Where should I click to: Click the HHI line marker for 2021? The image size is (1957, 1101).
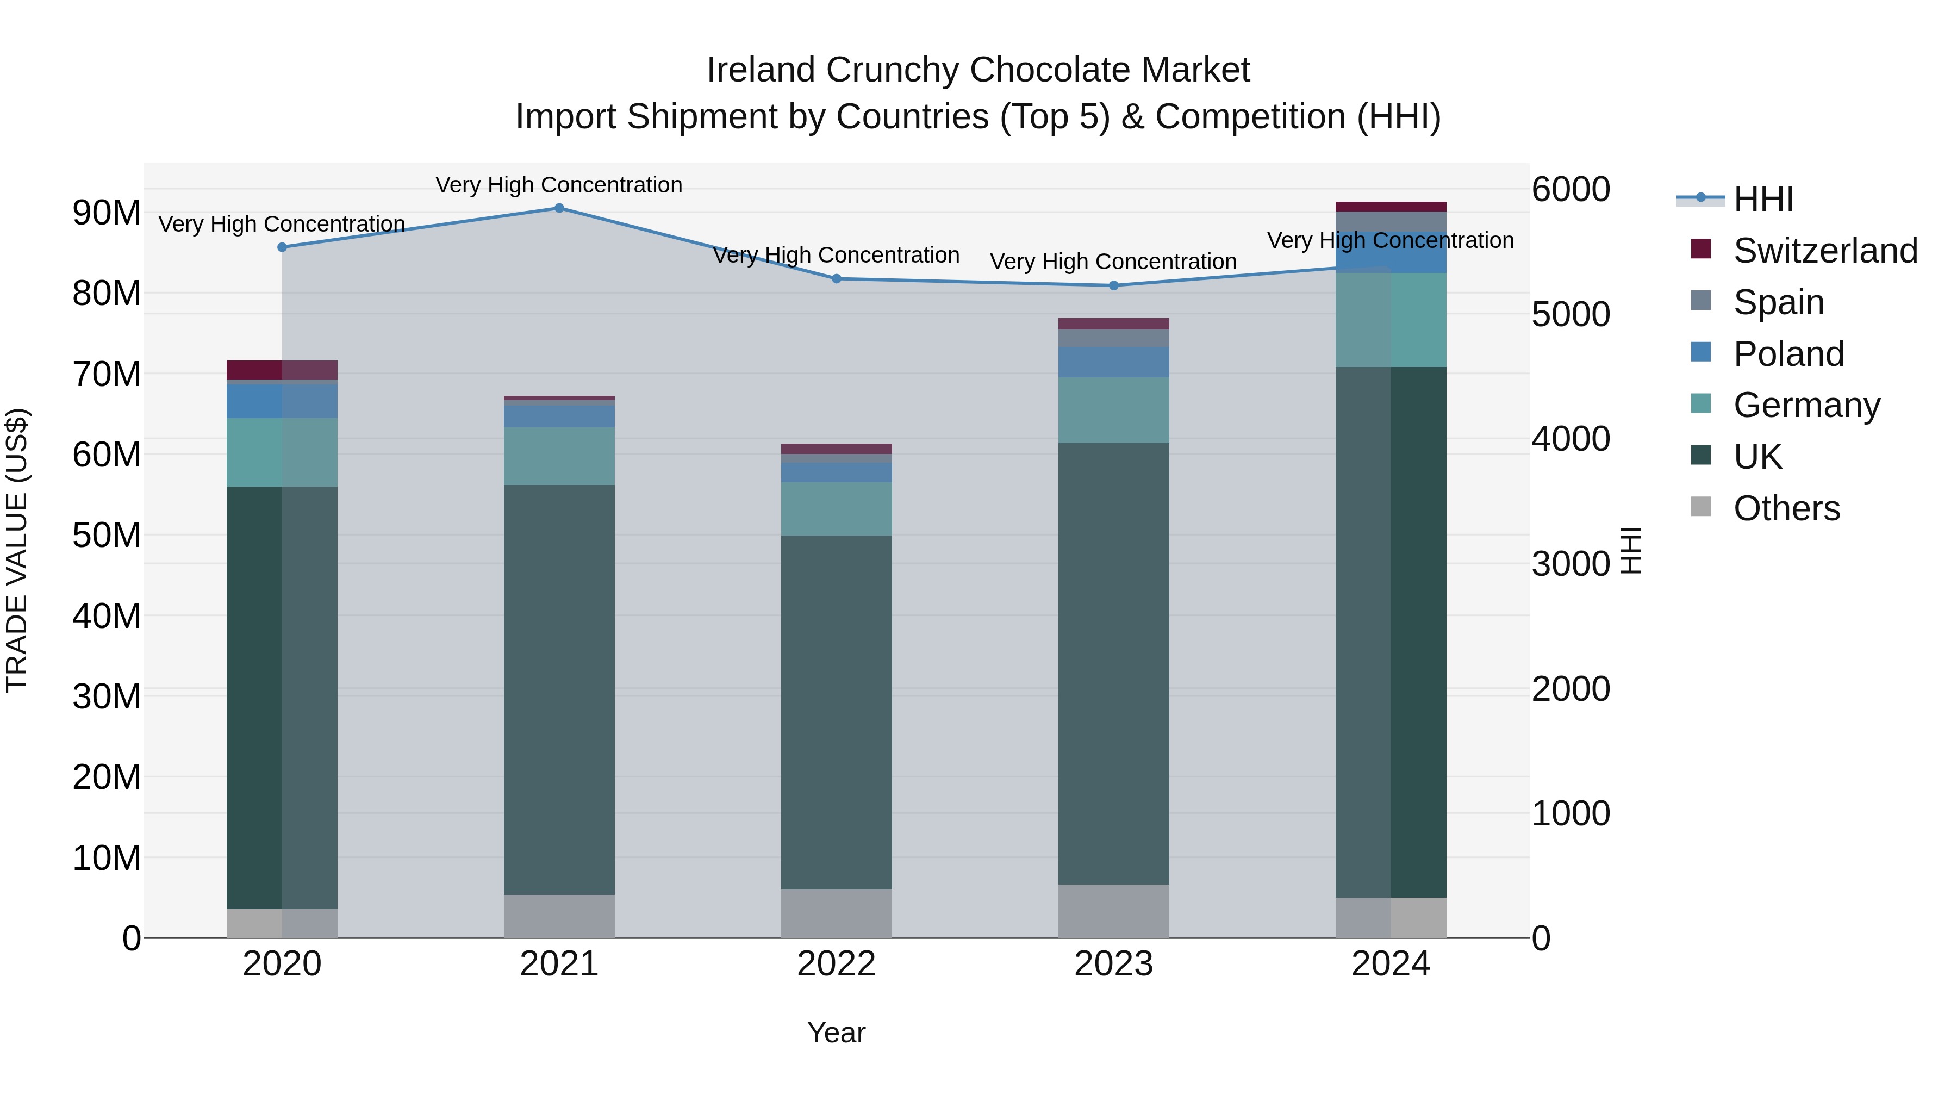click(x=559, y=208)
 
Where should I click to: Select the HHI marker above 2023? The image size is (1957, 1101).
click(x=1114, y=285)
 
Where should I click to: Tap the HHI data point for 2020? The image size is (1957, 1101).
click(x=282, y=247)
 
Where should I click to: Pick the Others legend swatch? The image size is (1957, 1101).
click(x=1701, y=507)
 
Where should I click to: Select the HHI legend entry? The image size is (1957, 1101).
click(x=1762, y=199)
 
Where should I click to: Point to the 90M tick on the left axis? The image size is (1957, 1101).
click(x=107, y=213)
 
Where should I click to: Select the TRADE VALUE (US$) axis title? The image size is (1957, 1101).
click(x=17, y=551)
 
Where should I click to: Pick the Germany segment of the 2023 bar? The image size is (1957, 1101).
click(x=1114, y=410)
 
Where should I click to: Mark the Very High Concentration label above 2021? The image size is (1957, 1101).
click(x=559, y=185)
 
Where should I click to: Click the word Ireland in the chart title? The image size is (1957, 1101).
click(x=762, y=70)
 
